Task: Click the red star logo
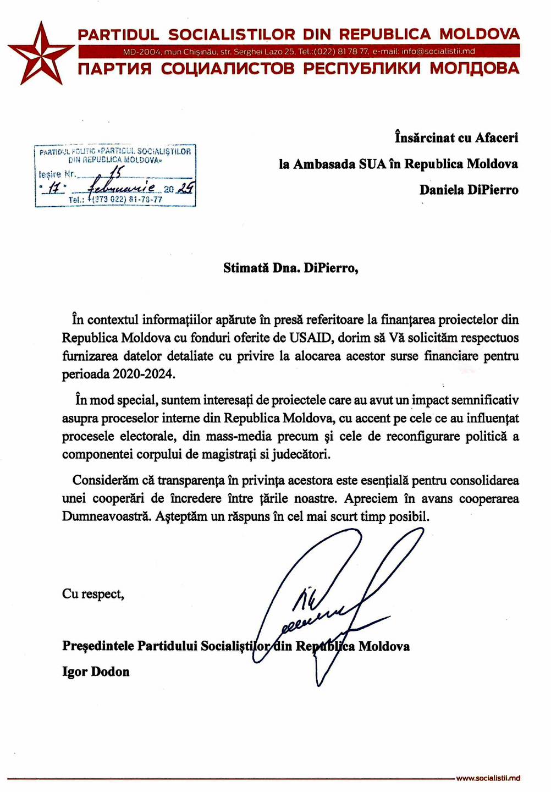(40, 53)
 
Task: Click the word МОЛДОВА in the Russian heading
(474, 69)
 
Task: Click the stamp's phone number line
(115, 200)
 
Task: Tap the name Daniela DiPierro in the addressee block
(469, 190)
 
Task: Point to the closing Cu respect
(93, 594)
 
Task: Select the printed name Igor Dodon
(96, 672)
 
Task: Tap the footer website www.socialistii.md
(488, 778)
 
